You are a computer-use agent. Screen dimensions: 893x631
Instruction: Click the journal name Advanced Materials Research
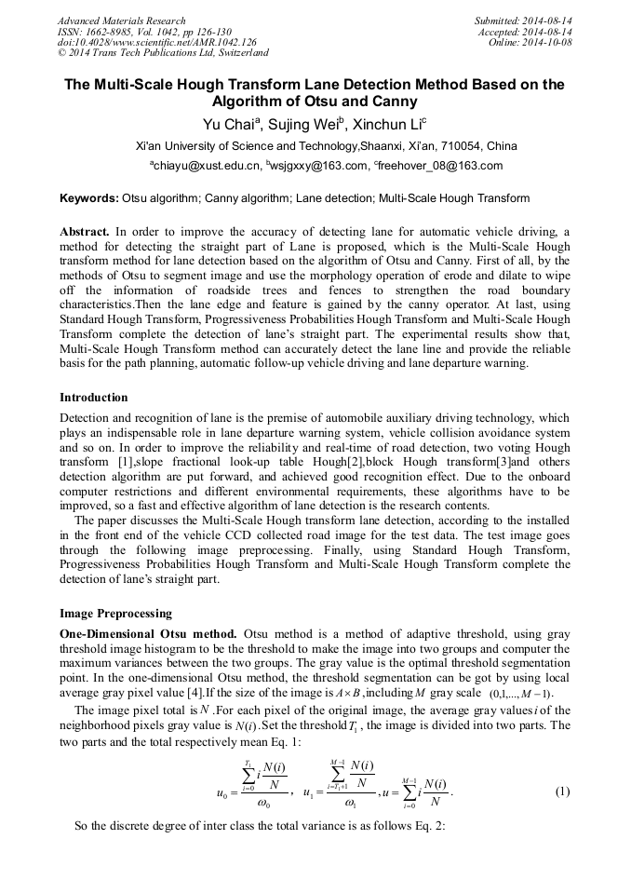pyautogui.click(x=121, y=20)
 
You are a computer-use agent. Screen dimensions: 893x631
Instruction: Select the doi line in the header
pyautogui.click(x=156, y=42)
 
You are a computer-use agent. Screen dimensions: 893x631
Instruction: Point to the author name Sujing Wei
pyautogui.click(x=311, y=125)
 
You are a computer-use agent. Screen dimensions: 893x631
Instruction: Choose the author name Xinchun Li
pyautogui.click(x=392, y=125)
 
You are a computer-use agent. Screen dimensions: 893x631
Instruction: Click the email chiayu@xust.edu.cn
pyautogui.click(x=203, y=167)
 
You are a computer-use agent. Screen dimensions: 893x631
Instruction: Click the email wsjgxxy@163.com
pyautogui.click(x=316, y=167)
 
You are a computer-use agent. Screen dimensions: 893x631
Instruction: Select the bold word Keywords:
pyautogui.click(x=89, y=198)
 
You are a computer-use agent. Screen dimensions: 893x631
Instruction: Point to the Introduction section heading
pyautogui.click(x=93, y=398)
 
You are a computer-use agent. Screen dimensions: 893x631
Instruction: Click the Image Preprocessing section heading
pyautogui.click(x=115, y=614)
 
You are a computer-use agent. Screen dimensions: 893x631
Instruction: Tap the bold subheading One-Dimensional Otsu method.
pyautogui.click(x=148, y=633)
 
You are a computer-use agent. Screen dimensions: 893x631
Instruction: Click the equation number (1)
pyautogui.click(x=562, y=792)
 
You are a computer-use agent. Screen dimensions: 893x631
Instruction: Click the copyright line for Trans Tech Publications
pyautogui.click(x=163, y=53)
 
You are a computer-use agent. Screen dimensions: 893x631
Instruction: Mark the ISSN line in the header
pyautogui.click(x=144, y=32)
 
